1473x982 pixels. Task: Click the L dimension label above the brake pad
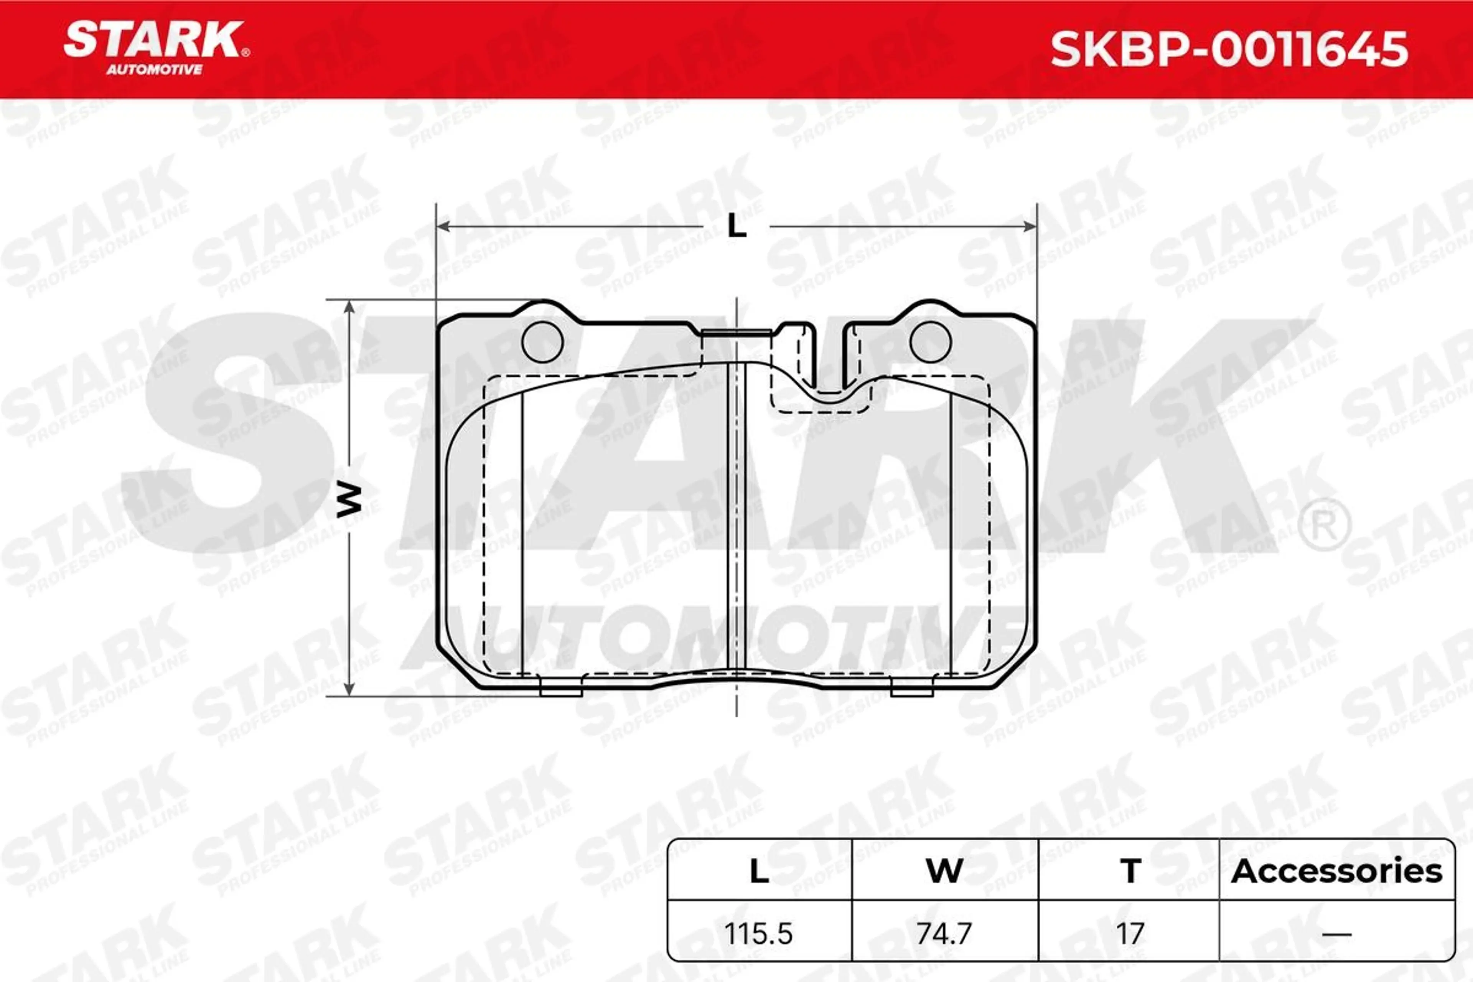(737, 227)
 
